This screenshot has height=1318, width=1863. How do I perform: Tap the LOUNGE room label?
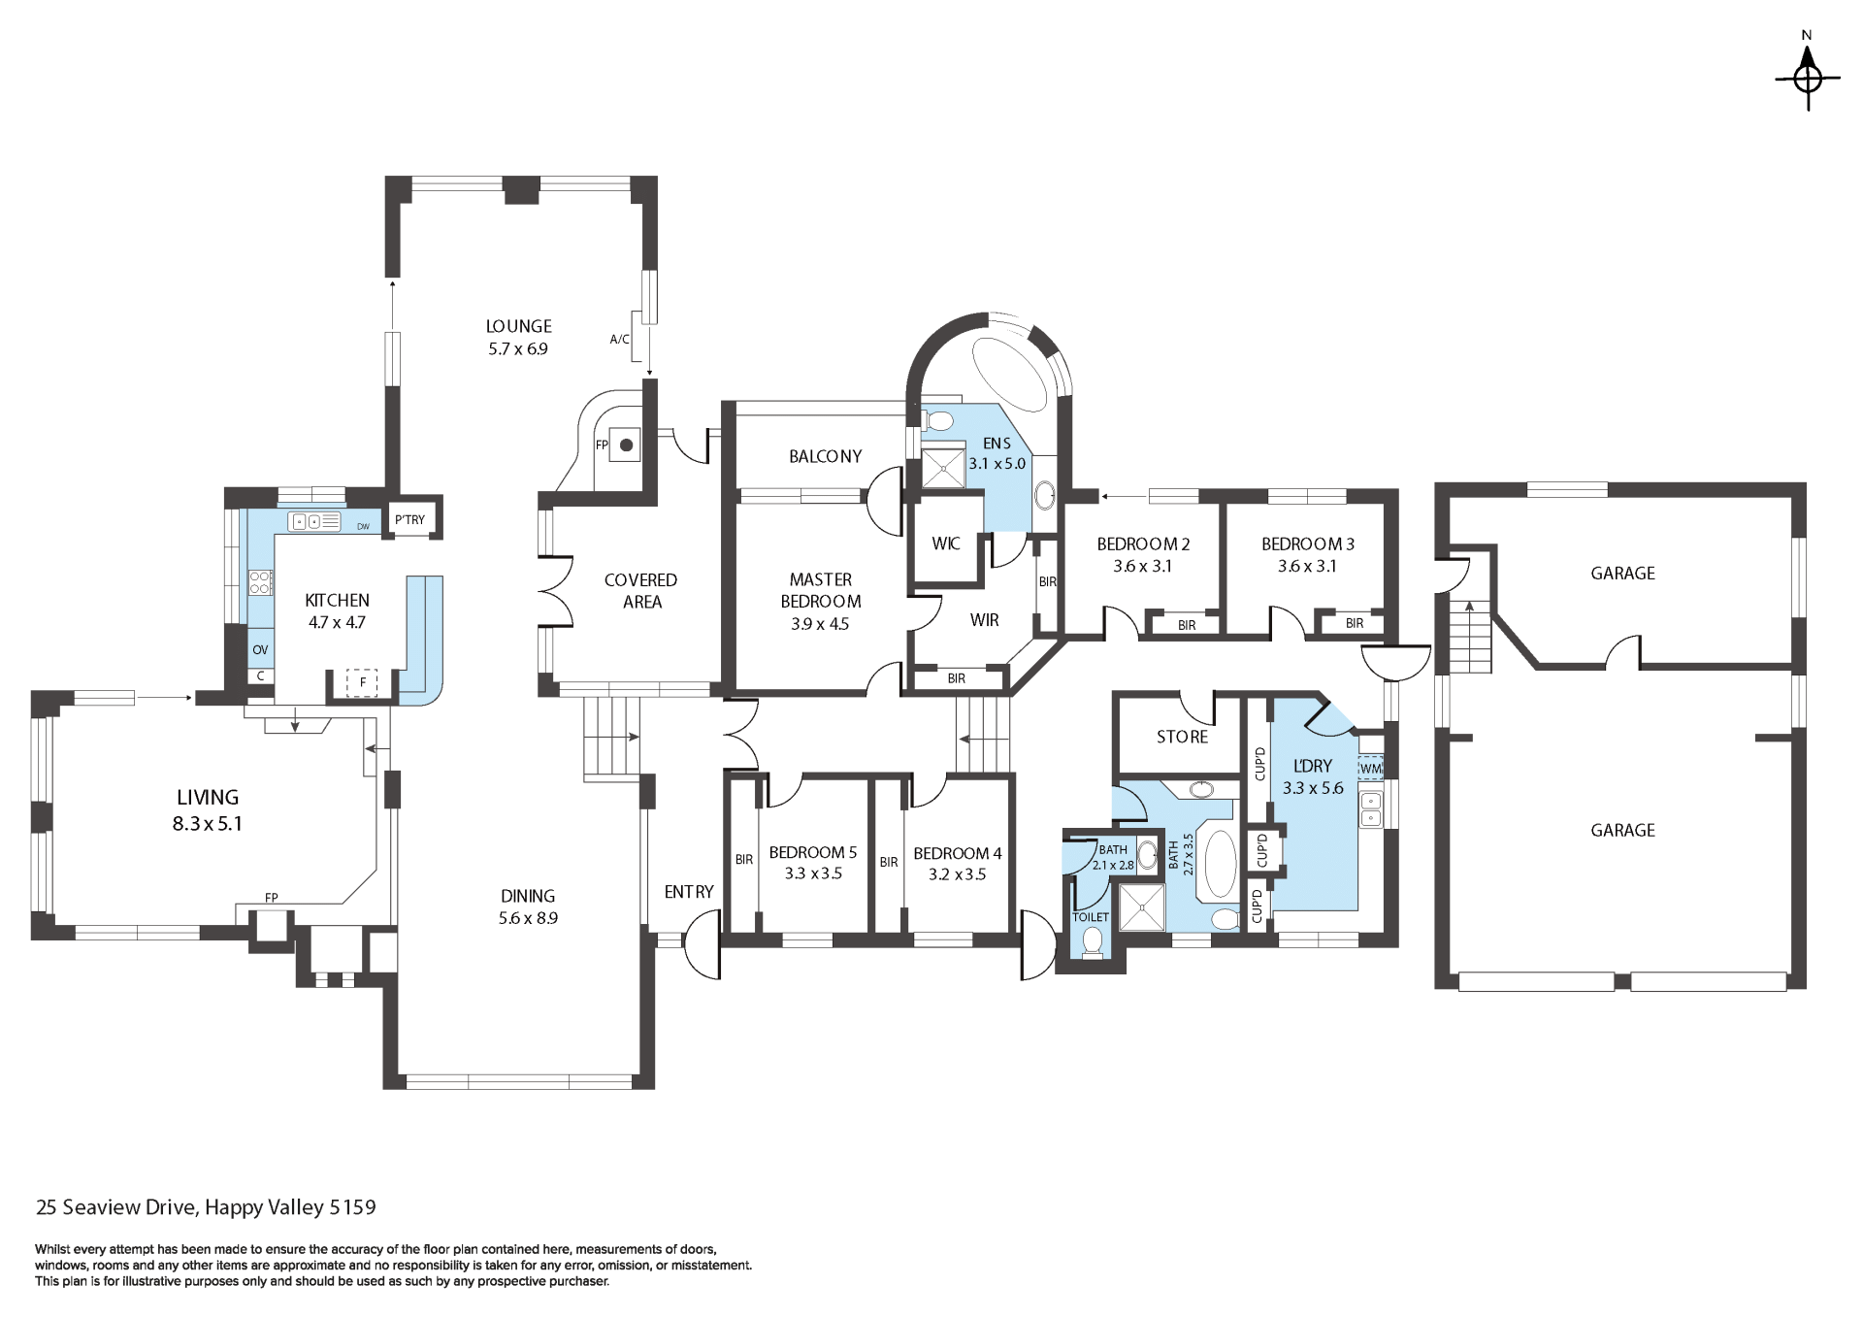(519, 327)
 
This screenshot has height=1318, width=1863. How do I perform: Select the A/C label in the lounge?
(619, 340)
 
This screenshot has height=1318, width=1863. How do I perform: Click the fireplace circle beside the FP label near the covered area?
(627, 445)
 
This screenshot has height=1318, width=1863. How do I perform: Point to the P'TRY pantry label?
(409, 519)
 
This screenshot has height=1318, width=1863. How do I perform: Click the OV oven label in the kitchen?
(260, 650)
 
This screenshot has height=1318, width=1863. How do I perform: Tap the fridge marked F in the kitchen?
(363, 682)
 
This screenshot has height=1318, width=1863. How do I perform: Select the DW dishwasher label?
(363, 527)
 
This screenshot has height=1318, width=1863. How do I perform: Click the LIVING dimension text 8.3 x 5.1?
(207, 824)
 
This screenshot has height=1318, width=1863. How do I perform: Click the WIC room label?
(946, 544)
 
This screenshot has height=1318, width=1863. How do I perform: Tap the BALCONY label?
(825, 456)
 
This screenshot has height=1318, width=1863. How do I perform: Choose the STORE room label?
(1182, 737)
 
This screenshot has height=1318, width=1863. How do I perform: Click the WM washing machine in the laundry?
(1370, 768)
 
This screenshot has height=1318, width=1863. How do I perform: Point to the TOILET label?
(1091, 917)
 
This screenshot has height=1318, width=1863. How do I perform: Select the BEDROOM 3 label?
(1308, 544)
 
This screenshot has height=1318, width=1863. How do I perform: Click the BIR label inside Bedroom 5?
(744, 860)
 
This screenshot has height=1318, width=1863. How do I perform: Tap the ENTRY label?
(689, 892)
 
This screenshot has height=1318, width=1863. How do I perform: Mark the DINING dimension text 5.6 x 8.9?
(528, 918)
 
